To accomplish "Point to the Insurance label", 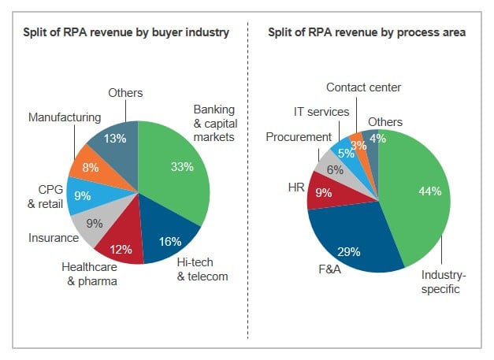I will tap(54, 237).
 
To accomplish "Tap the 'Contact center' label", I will tap(363, 87).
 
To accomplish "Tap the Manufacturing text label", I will tap(65, 117).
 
